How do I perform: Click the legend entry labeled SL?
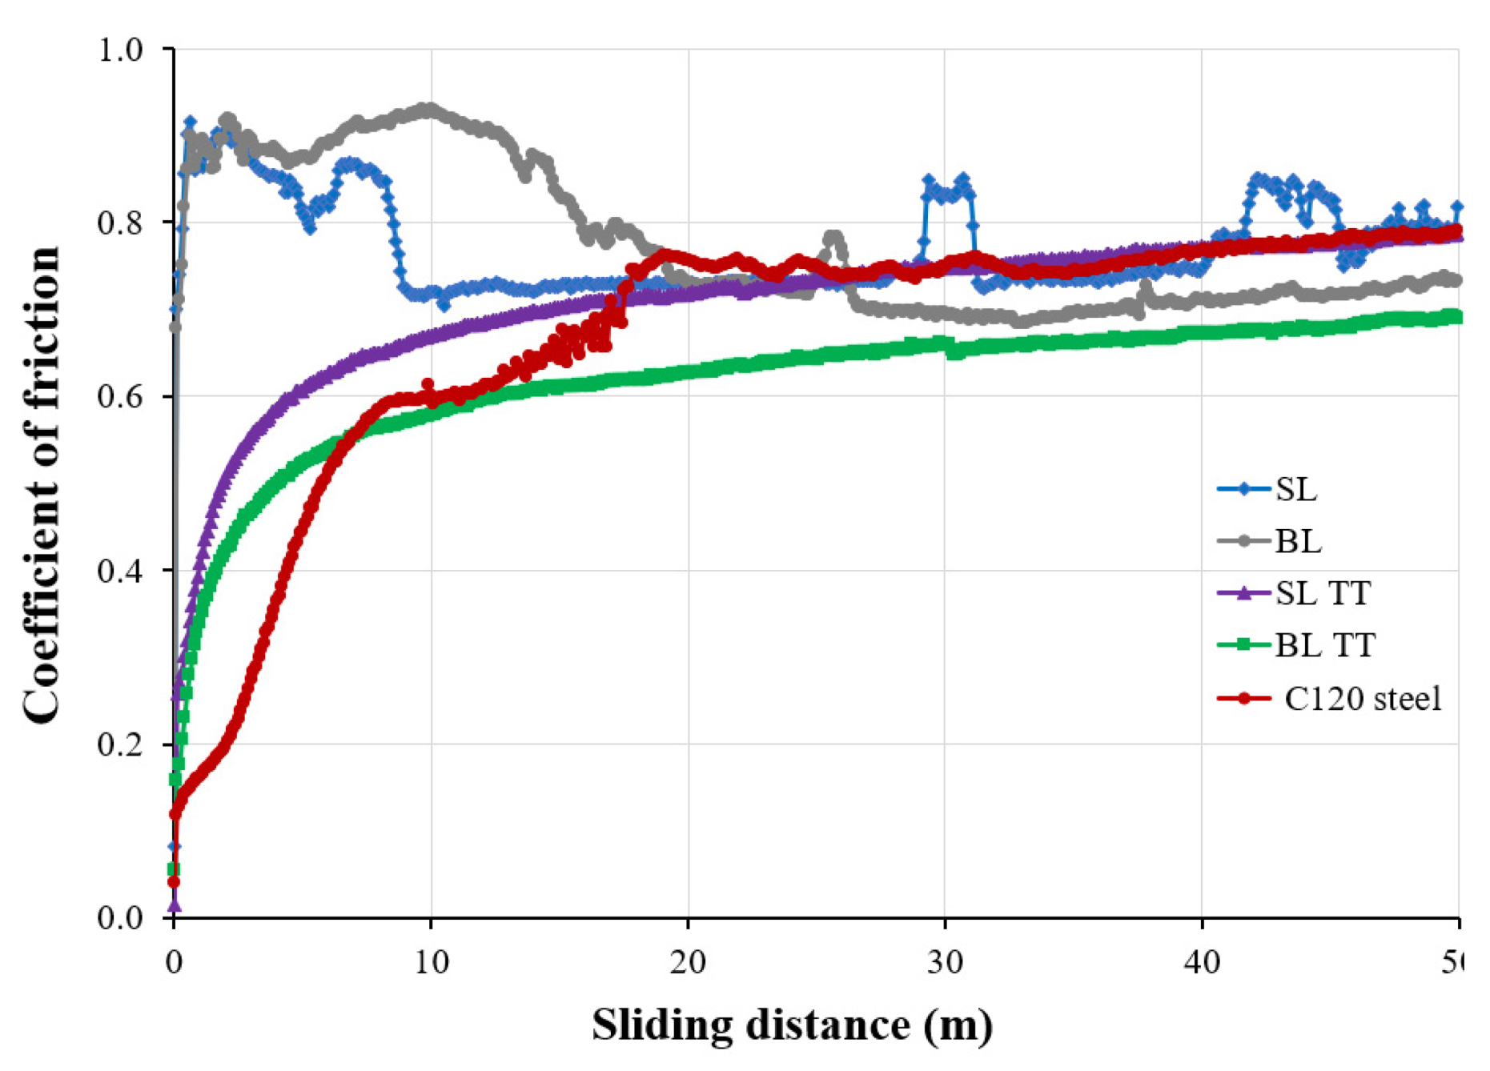[x=1295, y=489]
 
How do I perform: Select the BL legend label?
[x=1297, y=542]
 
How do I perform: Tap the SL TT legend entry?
[x=1323, y=593]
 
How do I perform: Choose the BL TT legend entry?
[x=1325, y=645]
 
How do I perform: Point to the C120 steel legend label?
[x=1362, y=698]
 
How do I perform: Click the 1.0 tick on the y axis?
[x=119, y=50]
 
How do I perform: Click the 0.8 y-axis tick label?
[x=119, y=223]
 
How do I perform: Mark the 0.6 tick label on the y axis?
[x=119, y=397]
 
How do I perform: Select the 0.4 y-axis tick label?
[x=119, y=571]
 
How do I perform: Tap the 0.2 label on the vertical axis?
[x=119, y=744]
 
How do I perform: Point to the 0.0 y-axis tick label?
[x=119, y=917]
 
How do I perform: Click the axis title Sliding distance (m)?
[x=792, y=1025]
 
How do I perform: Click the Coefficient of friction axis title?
[x=42, y=484]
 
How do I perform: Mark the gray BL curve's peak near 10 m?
[x=428, y=107]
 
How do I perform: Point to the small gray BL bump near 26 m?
[x=833, y=238]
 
